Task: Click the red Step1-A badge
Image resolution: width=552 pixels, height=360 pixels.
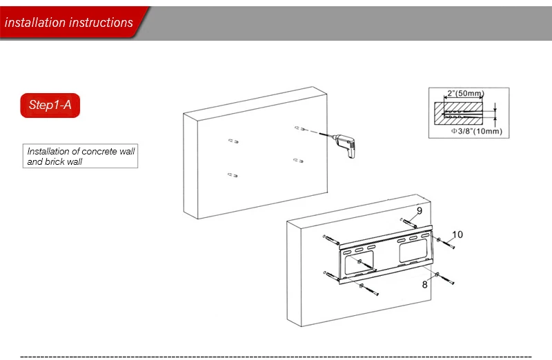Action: point(50,106)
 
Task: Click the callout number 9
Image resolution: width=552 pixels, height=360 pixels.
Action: point(420,210)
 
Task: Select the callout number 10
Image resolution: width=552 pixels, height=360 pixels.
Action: point(457,234)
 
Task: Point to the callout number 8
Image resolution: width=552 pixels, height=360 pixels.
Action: point(424,284)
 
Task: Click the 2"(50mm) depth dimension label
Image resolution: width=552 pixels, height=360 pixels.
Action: point(465,93)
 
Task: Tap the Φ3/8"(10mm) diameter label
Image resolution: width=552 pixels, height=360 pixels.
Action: point(477,131)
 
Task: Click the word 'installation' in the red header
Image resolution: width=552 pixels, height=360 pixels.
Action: point(34,23)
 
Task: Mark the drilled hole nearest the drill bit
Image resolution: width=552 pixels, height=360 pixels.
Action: point(299,128)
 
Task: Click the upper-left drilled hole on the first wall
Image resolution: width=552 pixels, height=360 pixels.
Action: point(233,141)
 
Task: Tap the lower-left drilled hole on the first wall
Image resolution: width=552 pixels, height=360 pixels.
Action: point(233,175)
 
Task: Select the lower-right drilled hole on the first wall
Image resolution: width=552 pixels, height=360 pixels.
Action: point(298,161)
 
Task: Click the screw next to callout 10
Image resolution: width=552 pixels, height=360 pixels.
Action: point(446,243)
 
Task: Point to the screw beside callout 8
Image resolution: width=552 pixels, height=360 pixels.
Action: point(444,279)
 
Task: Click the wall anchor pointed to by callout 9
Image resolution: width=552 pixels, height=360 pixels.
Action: point(408,223)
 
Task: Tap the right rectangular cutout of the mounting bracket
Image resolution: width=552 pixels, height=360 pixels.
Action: point(413,250)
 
